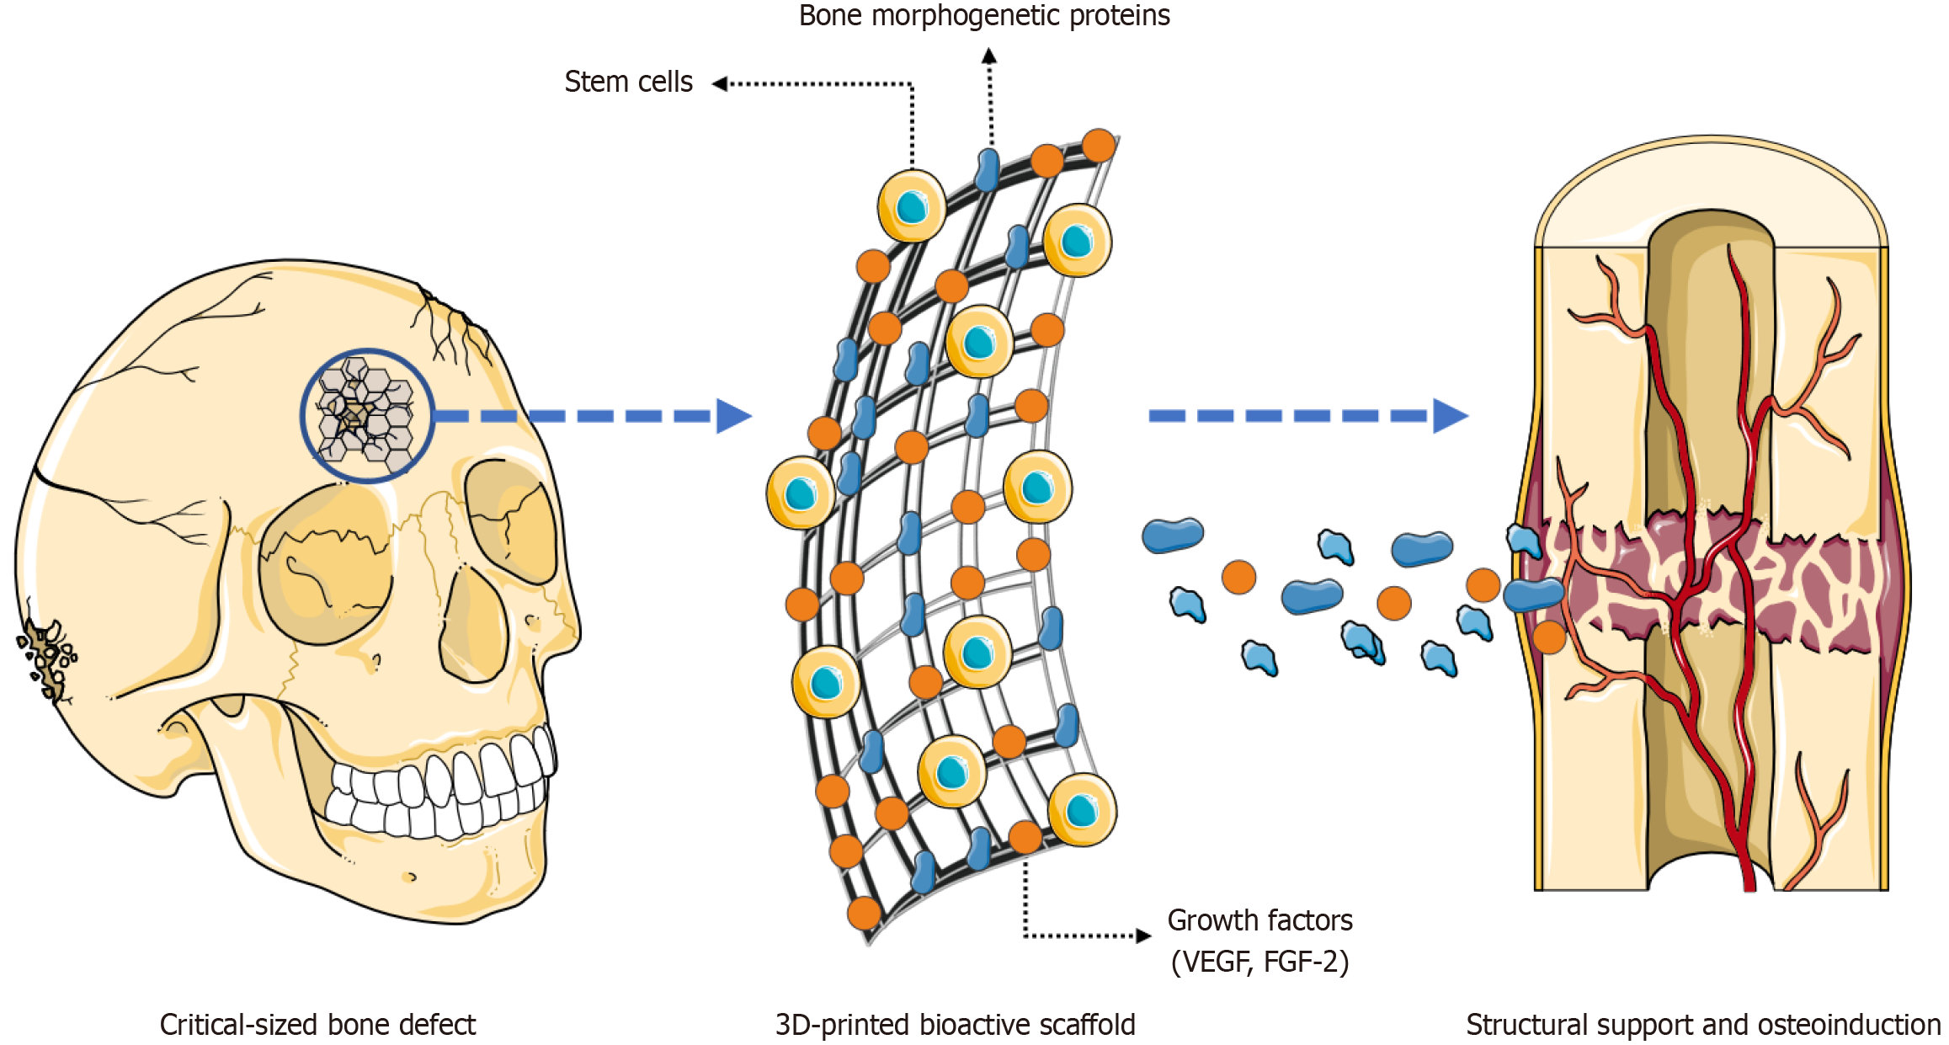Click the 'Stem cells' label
628,82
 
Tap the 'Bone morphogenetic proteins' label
983,15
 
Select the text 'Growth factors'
1259,920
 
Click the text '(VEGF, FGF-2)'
1259,961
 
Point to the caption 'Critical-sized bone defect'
317,1025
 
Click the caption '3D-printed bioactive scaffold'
955,1025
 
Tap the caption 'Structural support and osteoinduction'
1702,1025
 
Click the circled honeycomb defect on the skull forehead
367,415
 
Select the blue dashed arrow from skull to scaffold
589,416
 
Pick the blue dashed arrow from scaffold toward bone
1305,416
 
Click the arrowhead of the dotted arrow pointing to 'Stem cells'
719,83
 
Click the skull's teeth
438,792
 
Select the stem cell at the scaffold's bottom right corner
1082,810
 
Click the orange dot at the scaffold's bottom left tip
864,913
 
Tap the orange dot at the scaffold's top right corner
1099,146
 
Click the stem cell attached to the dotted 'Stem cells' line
911,206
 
